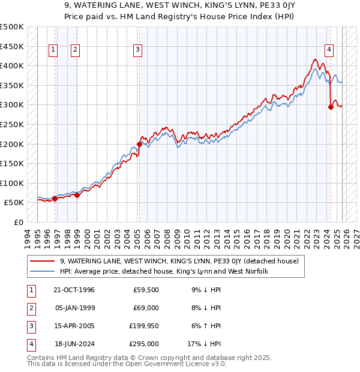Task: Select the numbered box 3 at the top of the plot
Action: click(x=138, y=50)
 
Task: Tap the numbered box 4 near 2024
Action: click(x=329, y=50)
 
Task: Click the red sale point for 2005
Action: click(x=139, y=144)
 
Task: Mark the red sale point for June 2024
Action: click(x=331, y=107)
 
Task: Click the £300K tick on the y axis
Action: click(x=12, y=105)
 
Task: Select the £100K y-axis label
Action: click(x=12, y=183)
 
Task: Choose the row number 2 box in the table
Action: click(x=29, y=308)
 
